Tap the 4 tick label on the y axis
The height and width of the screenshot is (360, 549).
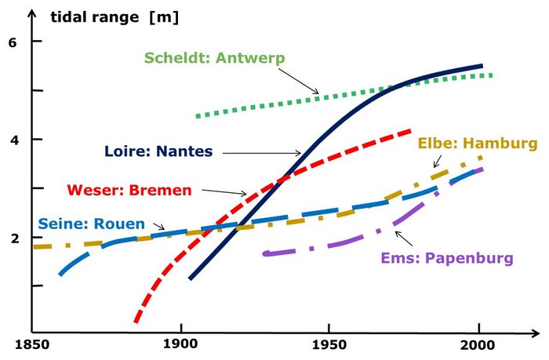click(13, 140)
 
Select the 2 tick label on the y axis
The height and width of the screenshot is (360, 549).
click(13, 238)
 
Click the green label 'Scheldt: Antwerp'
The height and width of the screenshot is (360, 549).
click(214, 58)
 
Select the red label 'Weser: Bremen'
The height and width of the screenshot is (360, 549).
click(117, 190)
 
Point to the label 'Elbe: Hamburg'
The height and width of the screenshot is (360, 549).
click(478, 144)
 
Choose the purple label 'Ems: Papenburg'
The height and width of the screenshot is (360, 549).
click(447, 258)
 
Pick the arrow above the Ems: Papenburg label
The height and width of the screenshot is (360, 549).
click(407, 238)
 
